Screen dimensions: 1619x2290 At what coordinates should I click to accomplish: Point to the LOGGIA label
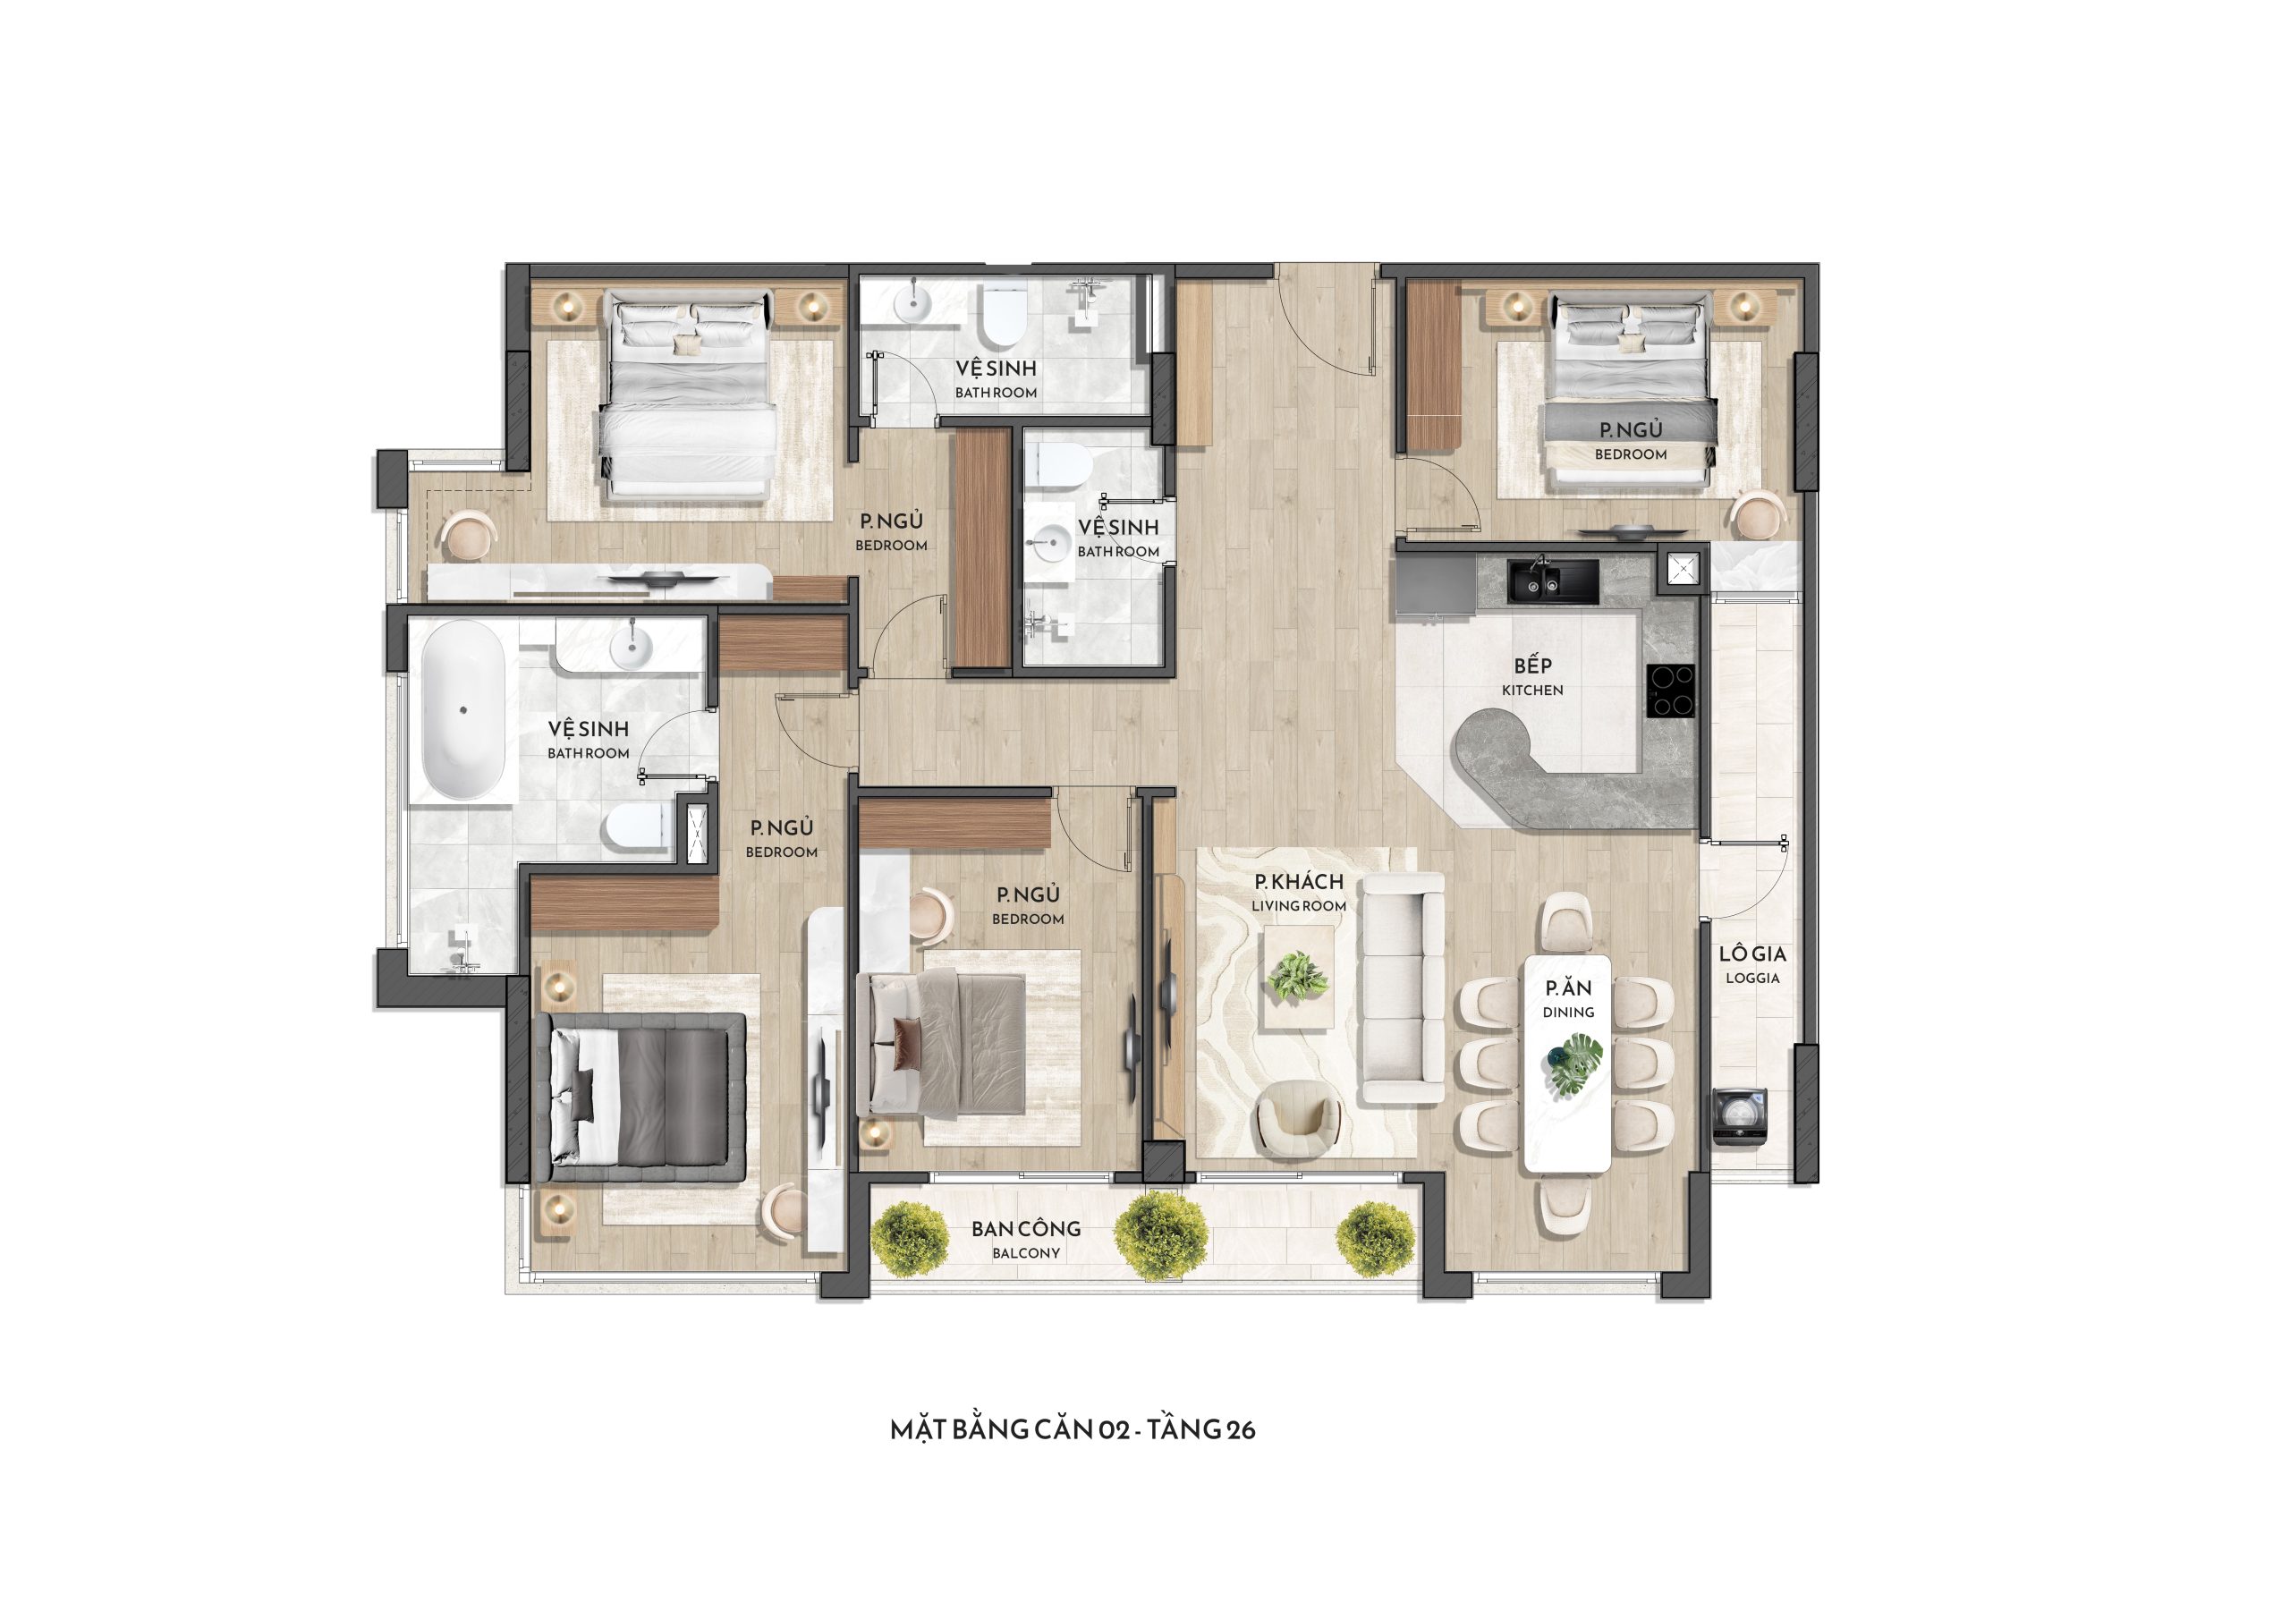click(x=1752, y=964)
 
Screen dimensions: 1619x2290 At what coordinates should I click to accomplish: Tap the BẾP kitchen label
click(x=1532, y=675)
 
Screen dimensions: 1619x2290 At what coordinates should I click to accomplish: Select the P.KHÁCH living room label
click(x=1299, y=892)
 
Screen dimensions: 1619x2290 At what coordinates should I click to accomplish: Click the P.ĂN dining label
click(x=1568, y=998)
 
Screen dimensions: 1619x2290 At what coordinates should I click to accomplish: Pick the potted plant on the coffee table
click(x=1298, y=976)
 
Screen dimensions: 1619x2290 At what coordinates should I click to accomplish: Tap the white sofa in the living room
click(x=1403, y=987)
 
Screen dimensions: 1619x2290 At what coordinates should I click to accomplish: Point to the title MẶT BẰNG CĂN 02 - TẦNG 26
click(x=1073, y=1429)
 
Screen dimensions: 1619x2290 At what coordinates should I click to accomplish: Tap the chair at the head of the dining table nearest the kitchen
click(x=1565, y=920)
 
